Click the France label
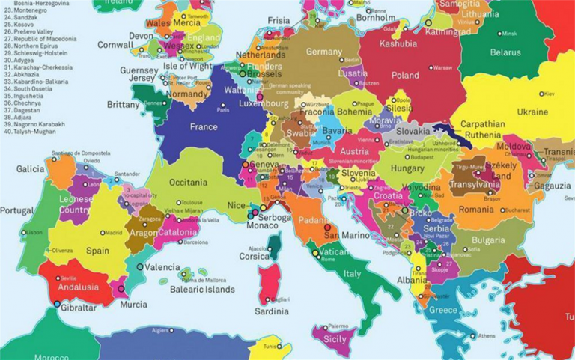point(204,127)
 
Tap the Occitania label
point(189,182)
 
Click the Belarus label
point(505,52)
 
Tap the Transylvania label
point(474,185)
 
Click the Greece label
point(442,310)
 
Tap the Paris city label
point(222,110)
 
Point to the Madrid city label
point(114,233)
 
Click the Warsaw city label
point(443,67)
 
